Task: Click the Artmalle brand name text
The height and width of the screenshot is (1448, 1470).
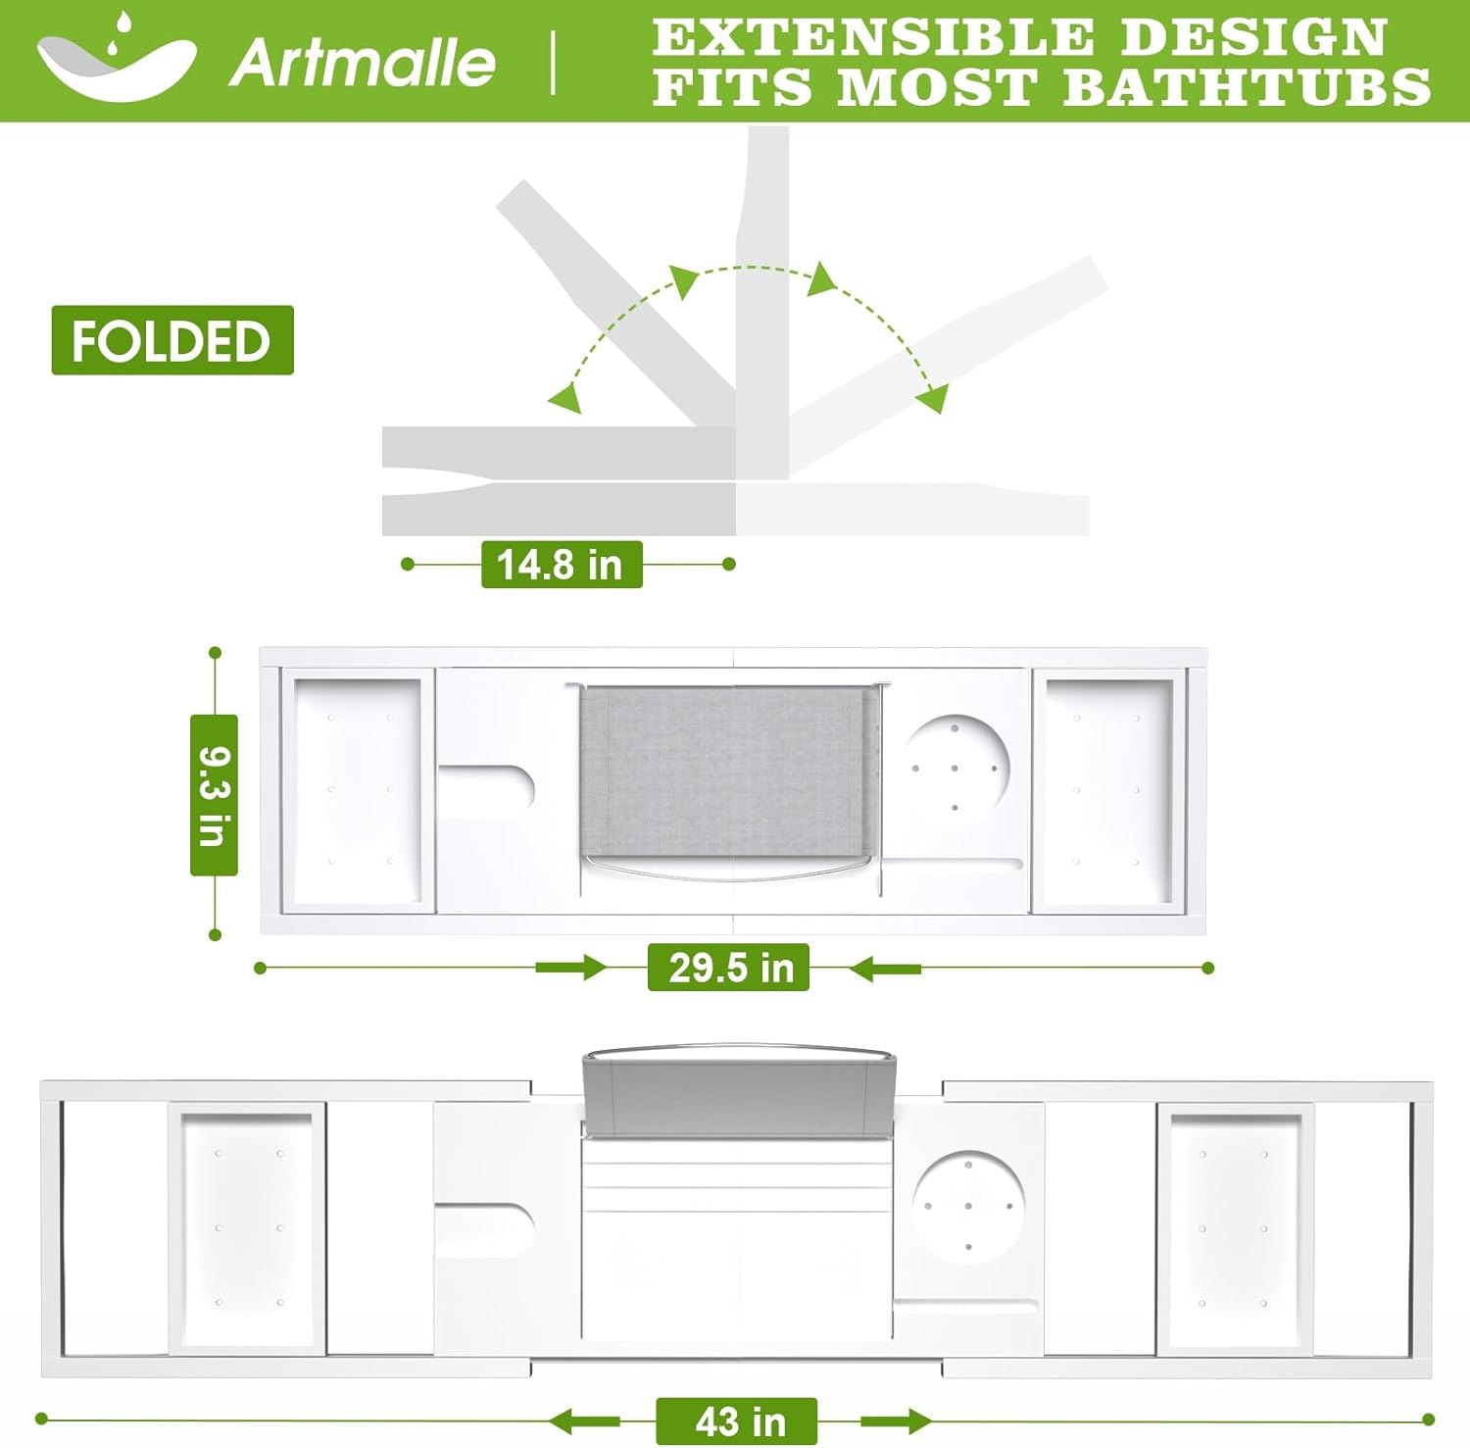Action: point(363,62)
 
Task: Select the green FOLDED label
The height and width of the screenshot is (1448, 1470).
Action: point(172,340)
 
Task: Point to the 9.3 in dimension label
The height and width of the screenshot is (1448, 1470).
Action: point(214,795)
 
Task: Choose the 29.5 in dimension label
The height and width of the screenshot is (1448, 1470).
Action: point(728,968)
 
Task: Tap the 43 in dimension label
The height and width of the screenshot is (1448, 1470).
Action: point(737,1422)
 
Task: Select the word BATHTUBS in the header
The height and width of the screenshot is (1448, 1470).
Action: point(1247,86)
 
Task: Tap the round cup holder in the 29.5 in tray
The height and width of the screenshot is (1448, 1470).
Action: point(955,767)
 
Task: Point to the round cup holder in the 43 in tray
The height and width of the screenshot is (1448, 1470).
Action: point(968,1207)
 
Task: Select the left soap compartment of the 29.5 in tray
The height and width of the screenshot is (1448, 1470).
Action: point(358,791)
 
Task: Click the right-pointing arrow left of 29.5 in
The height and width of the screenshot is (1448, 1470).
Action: point(572,969)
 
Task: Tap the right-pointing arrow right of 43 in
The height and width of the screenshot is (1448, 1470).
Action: point(897,1422)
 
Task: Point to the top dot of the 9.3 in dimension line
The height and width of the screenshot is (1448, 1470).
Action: point(216,653)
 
